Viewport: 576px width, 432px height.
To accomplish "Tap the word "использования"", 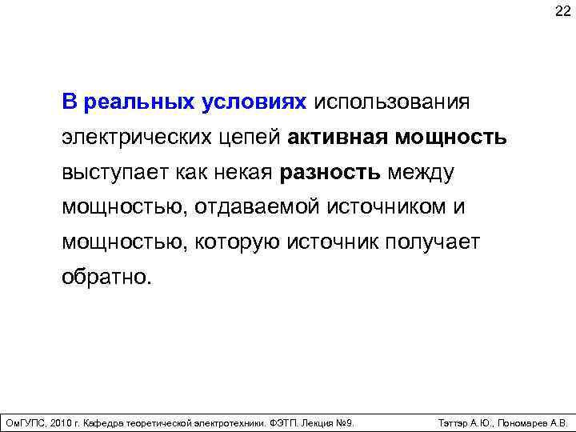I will tap(391, 102).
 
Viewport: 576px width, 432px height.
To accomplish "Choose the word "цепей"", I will tap(250, 138).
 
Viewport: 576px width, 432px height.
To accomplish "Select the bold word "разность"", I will tap(330, 173).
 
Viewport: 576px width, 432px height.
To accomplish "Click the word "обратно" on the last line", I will tap(102, 278).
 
